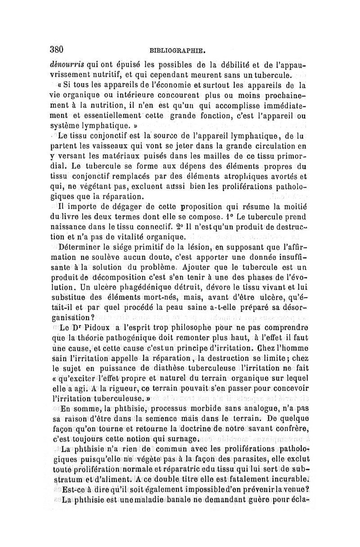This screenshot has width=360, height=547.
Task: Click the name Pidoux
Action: click(95, 327)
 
